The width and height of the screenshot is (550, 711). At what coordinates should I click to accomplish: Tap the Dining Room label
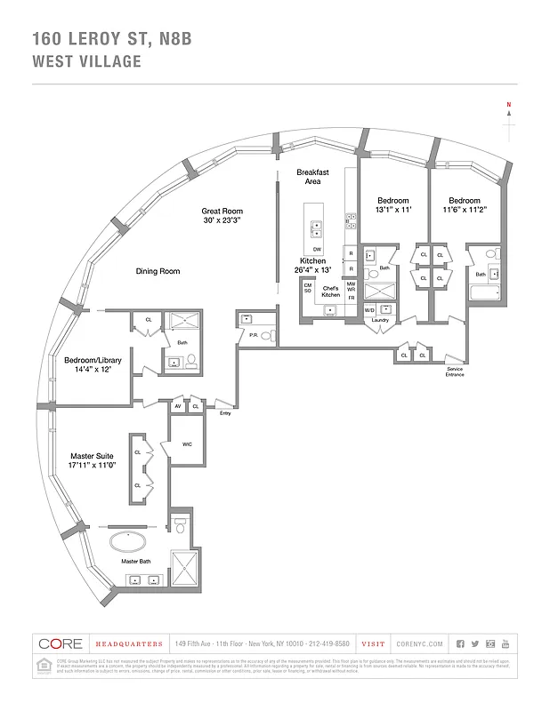click(158, 271)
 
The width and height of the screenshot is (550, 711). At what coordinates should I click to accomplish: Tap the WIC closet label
click(188, 444)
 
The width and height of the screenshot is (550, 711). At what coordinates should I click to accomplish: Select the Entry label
click(224, 412)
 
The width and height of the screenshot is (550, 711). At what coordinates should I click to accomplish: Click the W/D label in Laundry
click(369, 309)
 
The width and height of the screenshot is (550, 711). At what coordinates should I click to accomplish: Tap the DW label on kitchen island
click(317, 250)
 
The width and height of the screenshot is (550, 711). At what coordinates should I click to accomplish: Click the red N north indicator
click(509, 106)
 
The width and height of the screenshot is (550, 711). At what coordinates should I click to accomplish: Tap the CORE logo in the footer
click(61, 643)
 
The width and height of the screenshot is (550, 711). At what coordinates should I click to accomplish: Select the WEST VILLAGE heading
click(87, 61)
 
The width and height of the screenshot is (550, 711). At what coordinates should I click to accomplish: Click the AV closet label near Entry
click(179, 406)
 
